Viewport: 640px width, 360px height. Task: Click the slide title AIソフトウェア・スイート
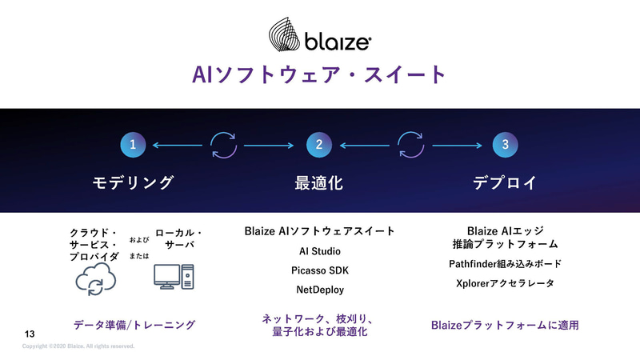(319, 74)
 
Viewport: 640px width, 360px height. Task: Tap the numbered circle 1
(132, 145)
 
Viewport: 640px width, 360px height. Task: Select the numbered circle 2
(319, 145)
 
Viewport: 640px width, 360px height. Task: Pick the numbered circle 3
(506, 145)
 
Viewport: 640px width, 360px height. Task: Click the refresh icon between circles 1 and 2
(224, 145)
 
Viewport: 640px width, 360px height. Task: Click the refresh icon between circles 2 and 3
(411, 145)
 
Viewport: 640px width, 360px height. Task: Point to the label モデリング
(132, 182)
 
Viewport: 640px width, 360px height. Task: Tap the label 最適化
(319, 182)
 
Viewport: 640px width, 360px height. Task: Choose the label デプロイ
(505, 182)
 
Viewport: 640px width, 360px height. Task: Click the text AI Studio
(319, 251)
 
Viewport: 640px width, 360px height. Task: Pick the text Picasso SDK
(319, 270)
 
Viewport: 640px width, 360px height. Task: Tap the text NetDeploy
(319, 289)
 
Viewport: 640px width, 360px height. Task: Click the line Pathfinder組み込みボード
(505, 264)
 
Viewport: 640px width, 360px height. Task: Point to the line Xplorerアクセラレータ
(505, 283)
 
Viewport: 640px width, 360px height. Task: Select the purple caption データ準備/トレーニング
(134, 325)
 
